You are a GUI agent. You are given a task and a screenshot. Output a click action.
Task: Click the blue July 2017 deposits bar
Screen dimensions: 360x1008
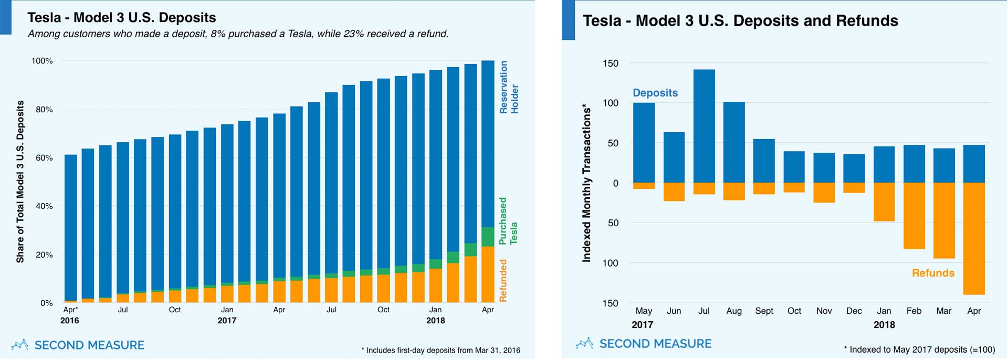(704, 126)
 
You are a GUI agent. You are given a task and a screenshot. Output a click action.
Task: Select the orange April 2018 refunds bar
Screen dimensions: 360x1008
(974, 239)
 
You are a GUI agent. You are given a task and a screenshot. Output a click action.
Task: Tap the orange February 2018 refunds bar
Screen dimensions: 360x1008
(914, 216)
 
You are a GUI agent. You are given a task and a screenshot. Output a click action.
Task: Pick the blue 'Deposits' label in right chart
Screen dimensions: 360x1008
(655, 93)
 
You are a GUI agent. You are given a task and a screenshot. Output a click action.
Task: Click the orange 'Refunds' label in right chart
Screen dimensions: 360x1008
(933, 273)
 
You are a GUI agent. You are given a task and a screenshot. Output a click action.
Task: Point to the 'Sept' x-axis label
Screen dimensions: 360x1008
(764, 311)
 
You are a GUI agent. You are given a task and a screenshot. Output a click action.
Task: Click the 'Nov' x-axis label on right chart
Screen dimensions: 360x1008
(824, 311)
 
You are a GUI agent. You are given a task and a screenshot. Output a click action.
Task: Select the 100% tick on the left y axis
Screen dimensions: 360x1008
(42, 61)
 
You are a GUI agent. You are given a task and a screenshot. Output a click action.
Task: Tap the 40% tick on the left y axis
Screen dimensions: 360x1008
(44, 206)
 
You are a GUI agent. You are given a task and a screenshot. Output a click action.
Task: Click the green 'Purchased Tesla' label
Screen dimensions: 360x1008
(508, 221)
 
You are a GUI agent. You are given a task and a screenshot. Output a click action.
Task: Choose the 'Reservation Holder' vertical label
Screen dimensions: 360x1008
(509, 87)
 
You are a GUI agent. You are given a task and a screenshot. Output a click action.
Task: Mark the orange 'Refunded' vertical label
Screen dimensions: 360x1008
(503, 281)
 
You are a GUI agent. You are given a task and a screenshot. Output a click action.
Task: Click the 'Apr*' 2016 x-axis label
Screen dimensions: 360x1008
(70, 310)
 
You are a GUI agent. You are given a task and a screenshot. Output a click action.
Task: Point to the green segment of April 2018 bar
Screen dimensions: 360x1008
(488, 237)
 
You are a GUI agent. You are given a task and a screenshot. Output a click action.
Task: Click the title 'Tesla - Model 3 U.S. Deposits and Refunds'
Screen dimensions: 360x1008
(740, 21)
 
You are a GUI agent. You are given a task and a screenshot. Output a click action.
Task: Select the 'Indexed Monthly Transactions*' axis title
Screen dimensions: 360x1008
(586, 183)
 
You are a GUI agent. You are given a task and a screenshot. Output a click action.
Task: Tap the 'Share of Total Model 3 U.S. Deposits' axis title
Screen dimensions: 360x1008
(20, 182)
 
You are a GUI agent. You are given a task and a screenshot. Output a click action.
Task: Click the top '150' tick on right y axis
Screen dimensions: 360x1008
(610, 63)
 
